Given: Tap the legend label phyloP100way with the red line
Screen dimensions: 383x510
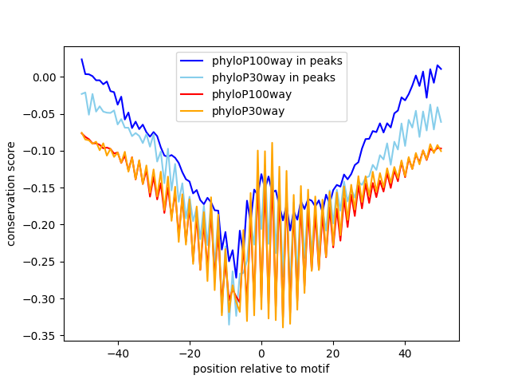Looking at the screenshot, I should pyautogui.click(x=252, y=94).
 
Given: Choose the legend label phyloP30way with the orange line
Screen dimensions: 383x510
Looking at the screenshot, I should pyautogui.click(x=248, y=111).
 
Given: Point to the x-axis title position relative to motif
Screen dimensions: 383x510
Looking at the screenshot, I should pyautogui.click(x=261, y=369).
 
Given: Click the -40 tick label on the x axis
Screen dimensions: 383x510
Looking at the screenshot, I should pyautogui.click(x=117, y=352).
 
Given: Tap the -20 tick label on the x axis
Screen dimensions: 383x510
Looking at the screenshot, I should pyautogui.click(x=189, y=352).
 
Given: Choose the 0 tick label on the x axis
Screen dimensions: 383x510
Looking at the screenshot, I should pyautogui.click(x=261, y=352).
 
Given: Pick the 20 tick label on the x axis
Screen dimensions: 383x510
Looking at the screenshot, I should pyautogui.click(x=333, y=352).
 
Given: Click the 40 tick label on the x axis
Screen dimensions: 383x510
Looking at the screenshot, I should pyautogui.click(x=405, y=352).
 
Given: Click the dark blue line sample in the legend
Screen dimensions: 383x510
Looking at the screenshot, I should pyautogui.click(x=193, y=61).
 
